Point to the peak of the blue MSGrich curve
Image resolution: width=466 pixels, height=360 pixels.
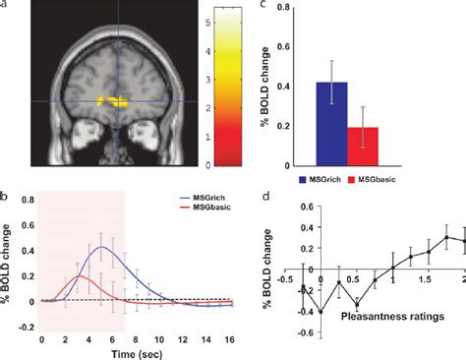tap(103, 247)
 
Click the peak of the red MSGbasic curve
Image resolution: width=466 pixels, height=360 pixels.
tap(84, 276)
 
